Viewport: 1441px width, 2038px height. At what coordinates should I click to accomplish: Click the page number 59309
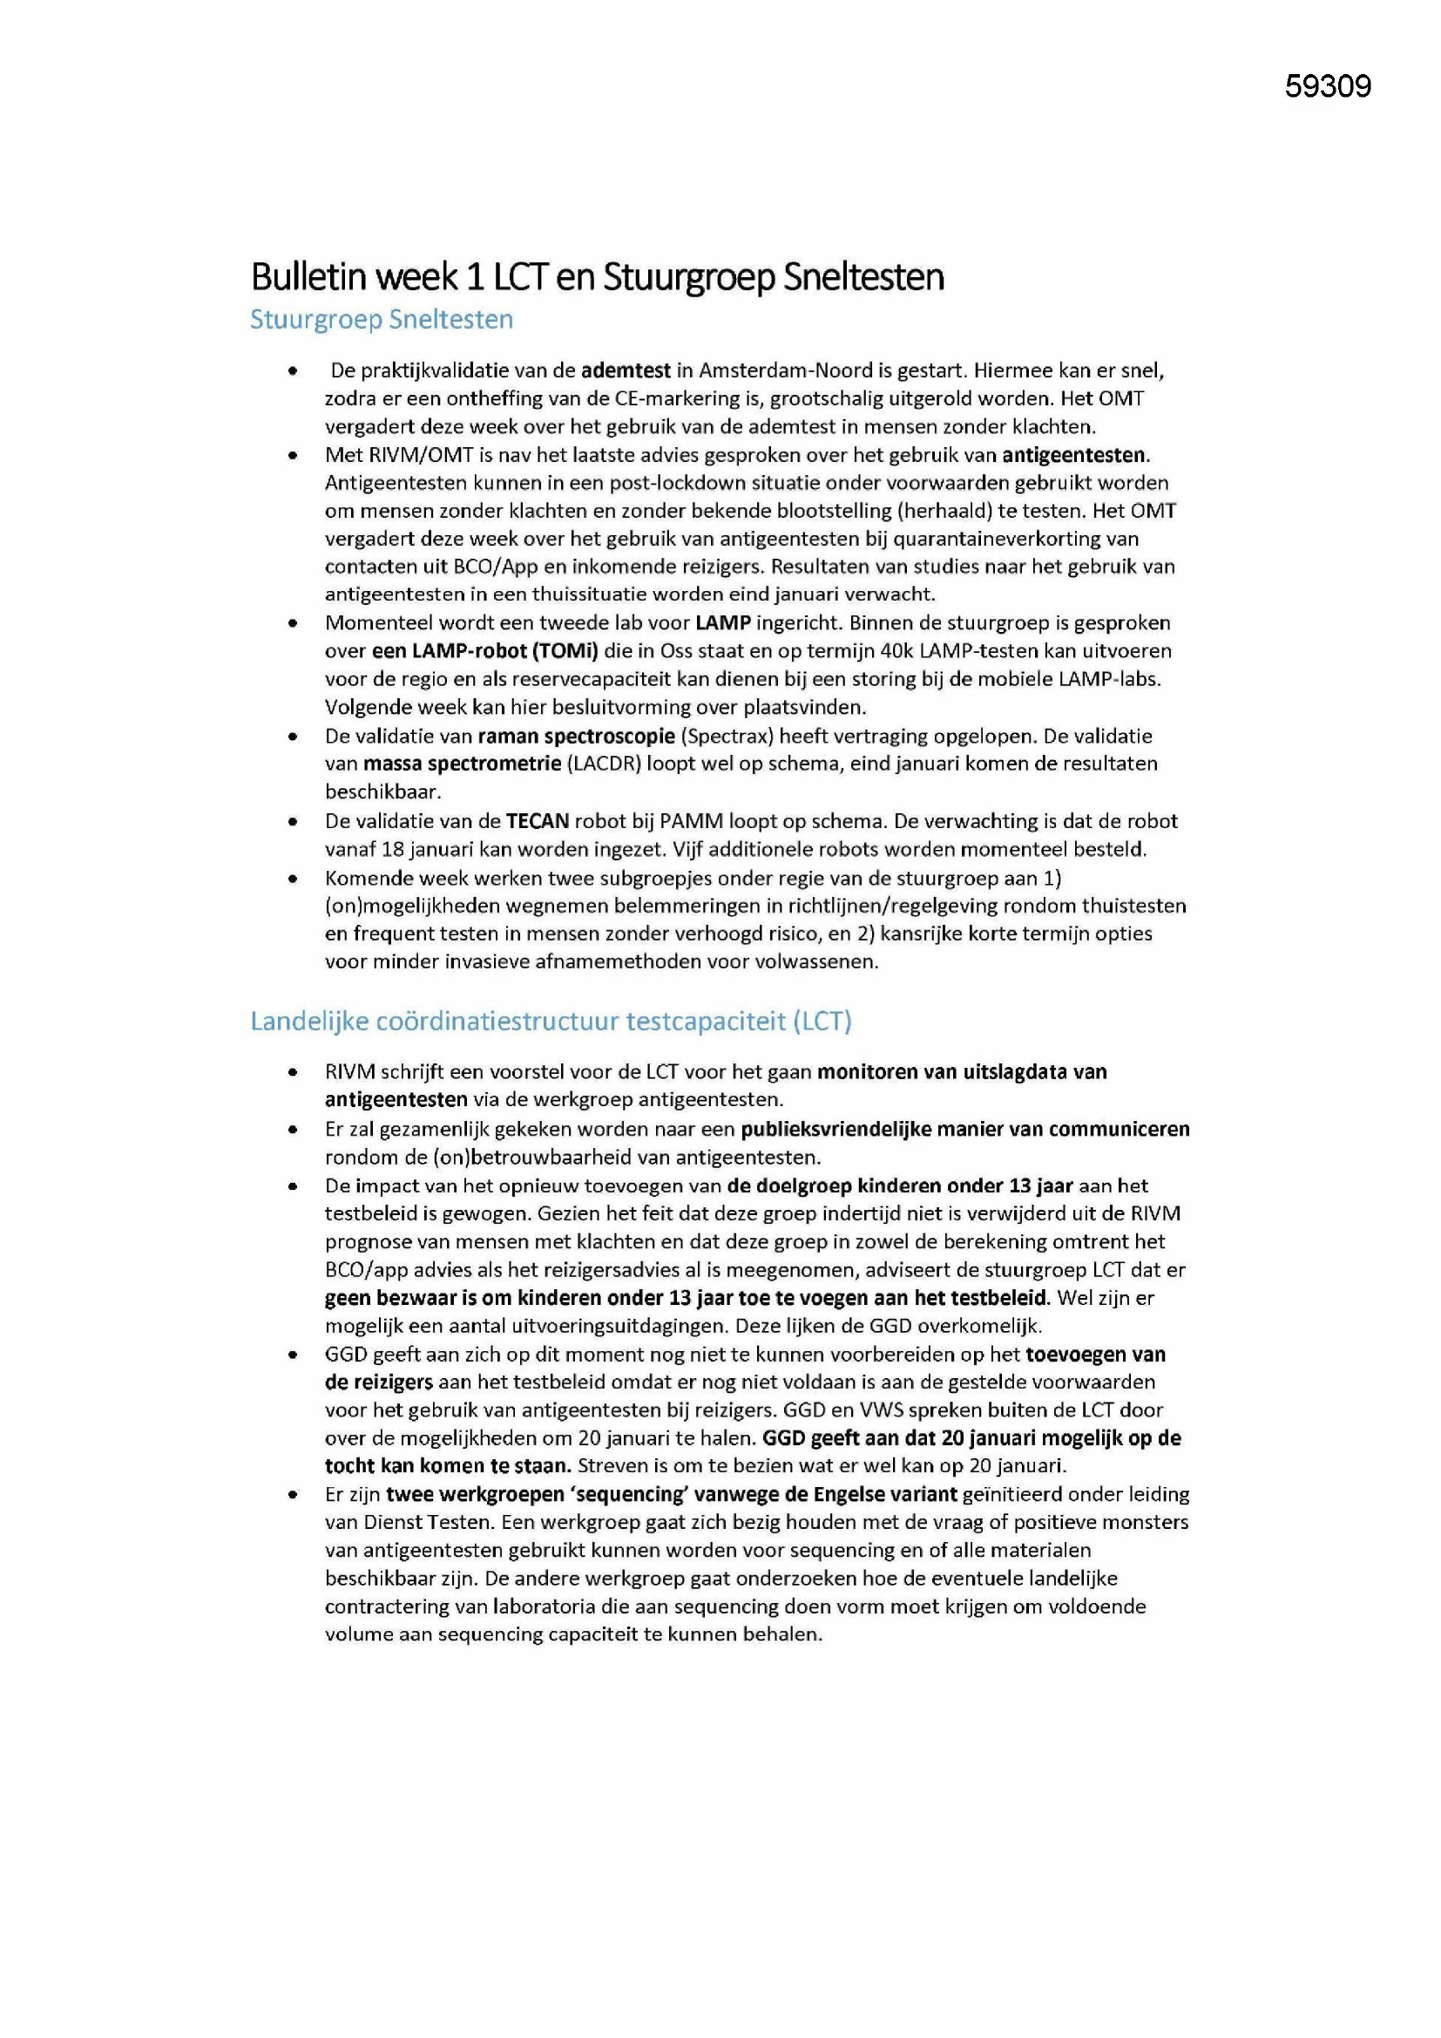tap(1328, 86)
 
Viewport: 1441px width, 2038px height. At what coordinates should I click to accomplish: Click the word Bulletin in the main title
tap(308, 277)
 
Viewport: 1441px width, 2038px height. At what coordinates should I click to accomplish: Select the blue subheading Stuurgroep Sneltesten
tap(382, 320)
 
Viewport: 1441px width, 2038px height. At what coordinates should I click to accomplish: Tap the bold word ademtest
tap(626, 370)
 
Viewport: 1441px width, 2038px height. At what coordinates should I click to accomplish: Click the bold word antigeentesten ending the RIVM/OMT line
tap(1074, 455)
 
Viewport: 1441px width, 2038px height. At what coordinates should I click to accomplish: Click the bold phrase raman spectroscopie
tap(577, 736)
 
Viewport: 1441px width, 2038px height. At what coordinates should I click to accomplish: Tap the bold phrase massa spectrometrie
tap(462, 764)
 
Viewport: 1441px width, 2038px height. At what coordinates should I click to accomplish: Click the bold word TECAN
tap(538, 821)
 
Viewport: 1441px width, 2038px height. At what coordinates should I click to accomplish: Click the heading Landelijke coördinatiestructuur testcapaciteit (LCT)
tap(550, 1021)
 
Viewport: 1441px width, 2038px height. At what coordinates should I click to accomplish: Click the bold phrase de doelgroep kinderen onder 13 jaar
tap(900, 1185)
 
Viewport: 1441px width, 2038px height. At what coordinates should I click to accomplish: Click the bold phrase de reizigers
tap(379, 1382)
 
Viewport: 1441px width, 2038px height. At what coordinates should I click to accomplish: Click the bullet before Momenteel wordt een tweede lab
tap(292, 623)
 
